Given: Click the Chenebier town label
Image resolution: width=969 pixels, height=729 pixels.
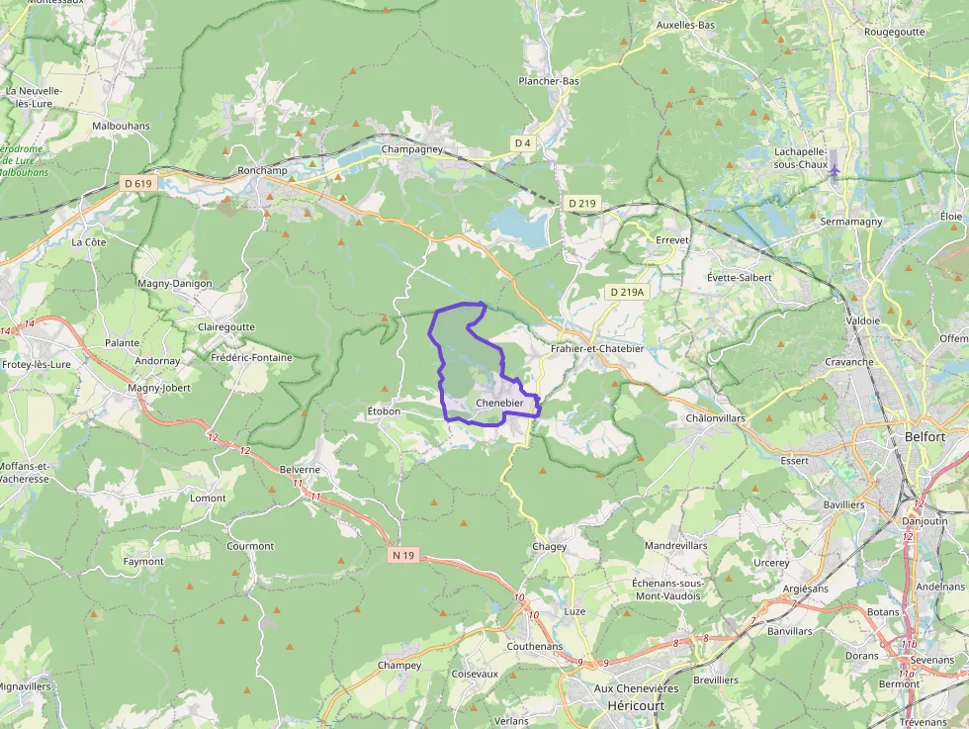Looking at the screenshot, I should click(x=498, y=404).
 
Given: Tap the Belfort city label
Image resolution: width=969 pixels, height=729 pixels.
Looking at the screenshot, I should click(x=925, y=436).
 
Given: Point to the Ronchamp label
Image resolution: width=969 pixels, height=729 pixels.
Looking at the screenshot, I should click(x=262, y=170).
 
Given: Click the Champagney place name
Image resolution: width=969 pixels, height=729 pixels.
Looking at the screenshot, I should click(x=413, y=150).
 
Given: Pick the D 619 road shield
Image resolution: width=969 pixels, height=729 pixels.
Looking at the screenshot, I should click(x=139, y=183).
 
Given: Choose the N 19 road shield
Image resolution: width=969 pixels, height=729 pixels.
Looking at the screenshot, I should click(x=402, y=556).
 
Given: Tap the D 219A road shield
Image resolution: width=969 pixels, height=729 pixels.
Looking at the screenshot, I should click(x=626, y=292).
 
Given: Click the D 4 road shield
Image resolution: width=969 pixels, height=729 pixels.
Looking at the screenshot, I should click(x=522, y=143).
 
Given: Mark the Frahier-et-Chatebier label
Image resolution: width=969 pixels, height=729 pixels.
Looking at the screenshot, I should click(x=597, y=349).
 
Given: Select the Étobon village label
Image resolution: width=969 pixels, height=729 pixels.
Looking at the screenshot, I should click(x=384, y=411).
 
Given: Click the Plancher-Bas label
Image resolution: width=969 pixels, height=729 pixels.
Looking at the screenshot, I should click(x=549, y=81).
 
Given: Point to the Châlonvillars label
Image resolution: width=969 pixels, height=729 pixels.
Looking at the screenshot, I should click(x=715, y=418).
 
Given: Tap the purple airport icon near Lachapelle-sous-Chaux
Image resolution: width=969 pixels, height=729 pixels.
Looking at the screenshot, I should click(x=836, y=169).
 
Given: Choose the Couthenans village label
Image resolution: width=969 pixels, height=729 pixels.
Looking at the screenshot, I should click(x=534, y=647).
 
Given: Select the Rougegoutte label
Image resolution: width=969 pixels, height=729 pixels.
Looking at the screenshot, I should click(x=894, y=32).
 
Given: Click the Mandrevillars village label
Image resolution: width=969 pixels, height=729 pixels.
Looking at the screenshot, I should click(x=675, y=546).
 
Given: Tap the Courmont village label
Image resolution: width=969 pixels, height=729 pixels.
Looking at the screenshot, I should click(x=250, y=546).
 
